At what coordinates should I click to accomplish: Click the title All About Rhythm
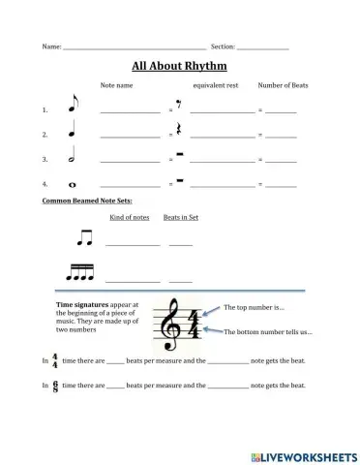[179, 67]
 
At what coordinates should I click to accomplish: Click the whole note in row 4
[73, 183]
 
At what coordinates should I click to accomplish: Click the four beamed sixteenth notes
[87, 274]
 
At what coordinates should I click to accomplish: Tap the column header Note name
[117, 85]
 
